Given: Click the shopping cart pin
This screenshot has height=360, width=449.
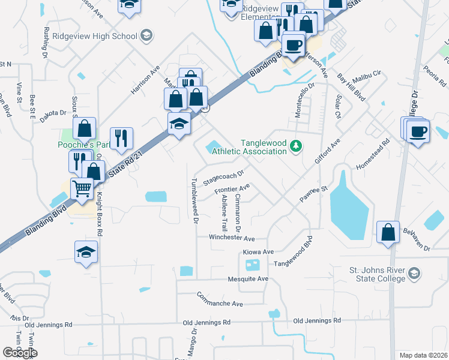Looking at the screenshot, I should (x=82, y=189).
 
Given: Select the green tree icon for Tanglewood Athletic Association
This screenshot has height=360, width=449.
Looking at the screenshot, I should (x=295, y=145).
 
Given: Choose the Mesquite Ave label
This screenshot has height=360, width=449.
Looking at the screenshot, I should (x=247, y=279).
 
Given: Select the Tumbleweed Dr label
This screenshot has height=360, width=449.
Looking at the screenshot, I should (x=194, y=201).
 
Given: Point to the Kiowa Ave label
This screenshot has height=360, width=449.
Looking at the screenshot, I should (x=258, y=251).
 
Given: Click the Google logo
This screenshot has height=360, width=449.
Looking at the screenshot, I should (x=20, y=353).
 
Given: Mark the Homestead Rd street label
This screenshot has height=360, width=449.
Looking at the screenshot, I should (x=373, y=154).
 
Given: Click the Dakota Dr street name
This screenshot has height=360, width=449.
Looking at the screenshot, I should (x=53, y=112).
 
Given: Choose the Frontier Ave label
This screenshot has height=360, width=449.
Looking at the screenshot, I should (x=232, y=190).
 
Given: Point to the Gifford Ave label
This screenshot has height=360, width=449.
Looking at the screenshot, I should (x=327, y=152).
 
